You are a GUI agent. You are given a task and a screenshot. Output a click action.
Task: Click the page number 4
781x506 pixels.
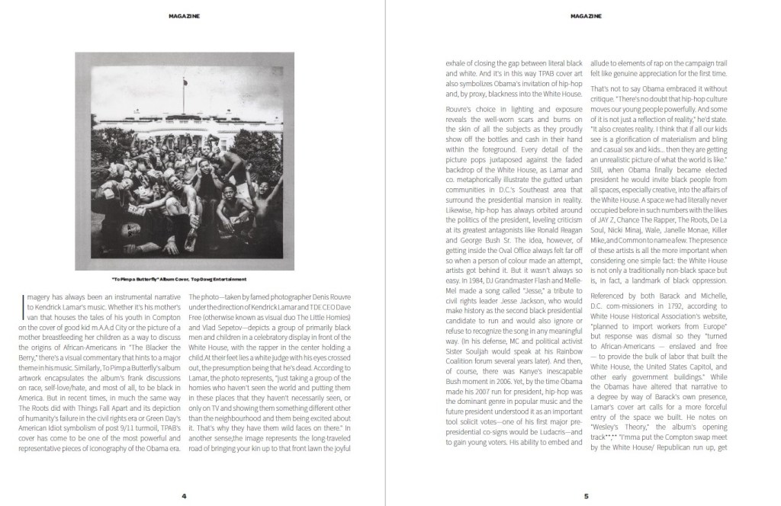point(184,496)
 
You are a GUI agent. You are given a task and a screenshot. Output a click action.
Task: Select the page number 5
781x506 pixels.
point(586,496)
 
